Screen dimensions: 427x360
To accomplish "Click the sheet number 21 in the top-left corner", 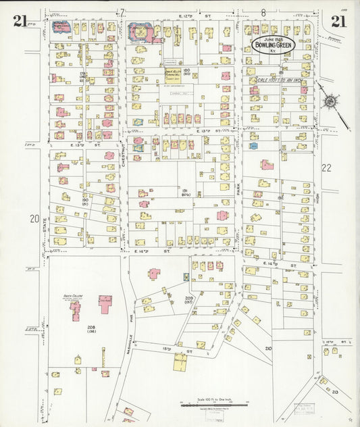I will pyautogui.click(x=20, y=21).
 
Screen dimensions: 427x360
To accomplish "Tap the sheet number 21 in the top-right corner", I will pyautogui.click(x=339, y=21).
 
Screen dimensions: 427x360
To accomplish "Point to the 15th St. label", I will pyautogui.click(x=186, y=350).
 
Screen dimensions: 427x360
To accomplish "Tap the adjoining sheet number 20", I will pyautogui.click(x=34, y=219).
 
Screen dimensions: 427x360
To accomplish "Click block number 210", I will pyautogui.click(x=268, y=348).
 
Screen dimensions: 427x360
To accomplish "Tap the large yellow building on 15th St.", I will pyautogui.click(x=180, y=361).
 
